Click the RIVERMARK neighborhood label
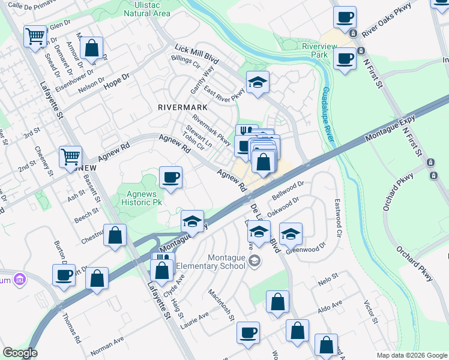(x=182, y=107)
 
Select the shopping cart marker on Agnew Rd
(x=71, y=157)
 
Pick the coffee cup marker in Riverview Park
(x=345, y=59)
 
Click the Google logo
(x=20, y=353)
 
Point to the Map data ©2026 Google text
(x=411, y=355)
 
